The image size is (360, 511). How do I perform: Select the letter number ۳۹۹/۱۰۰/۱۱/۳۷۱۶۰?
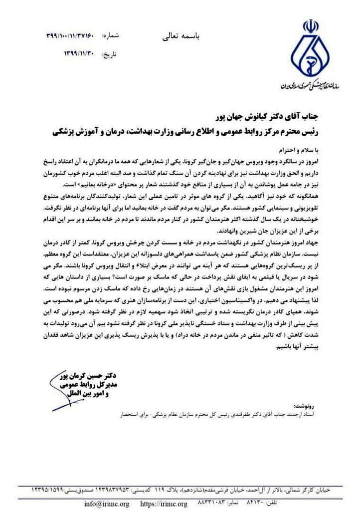click(x=69, y=36)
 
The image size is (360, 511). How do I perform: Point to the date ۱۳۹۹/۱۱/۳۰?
click(x=79, y=52)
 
